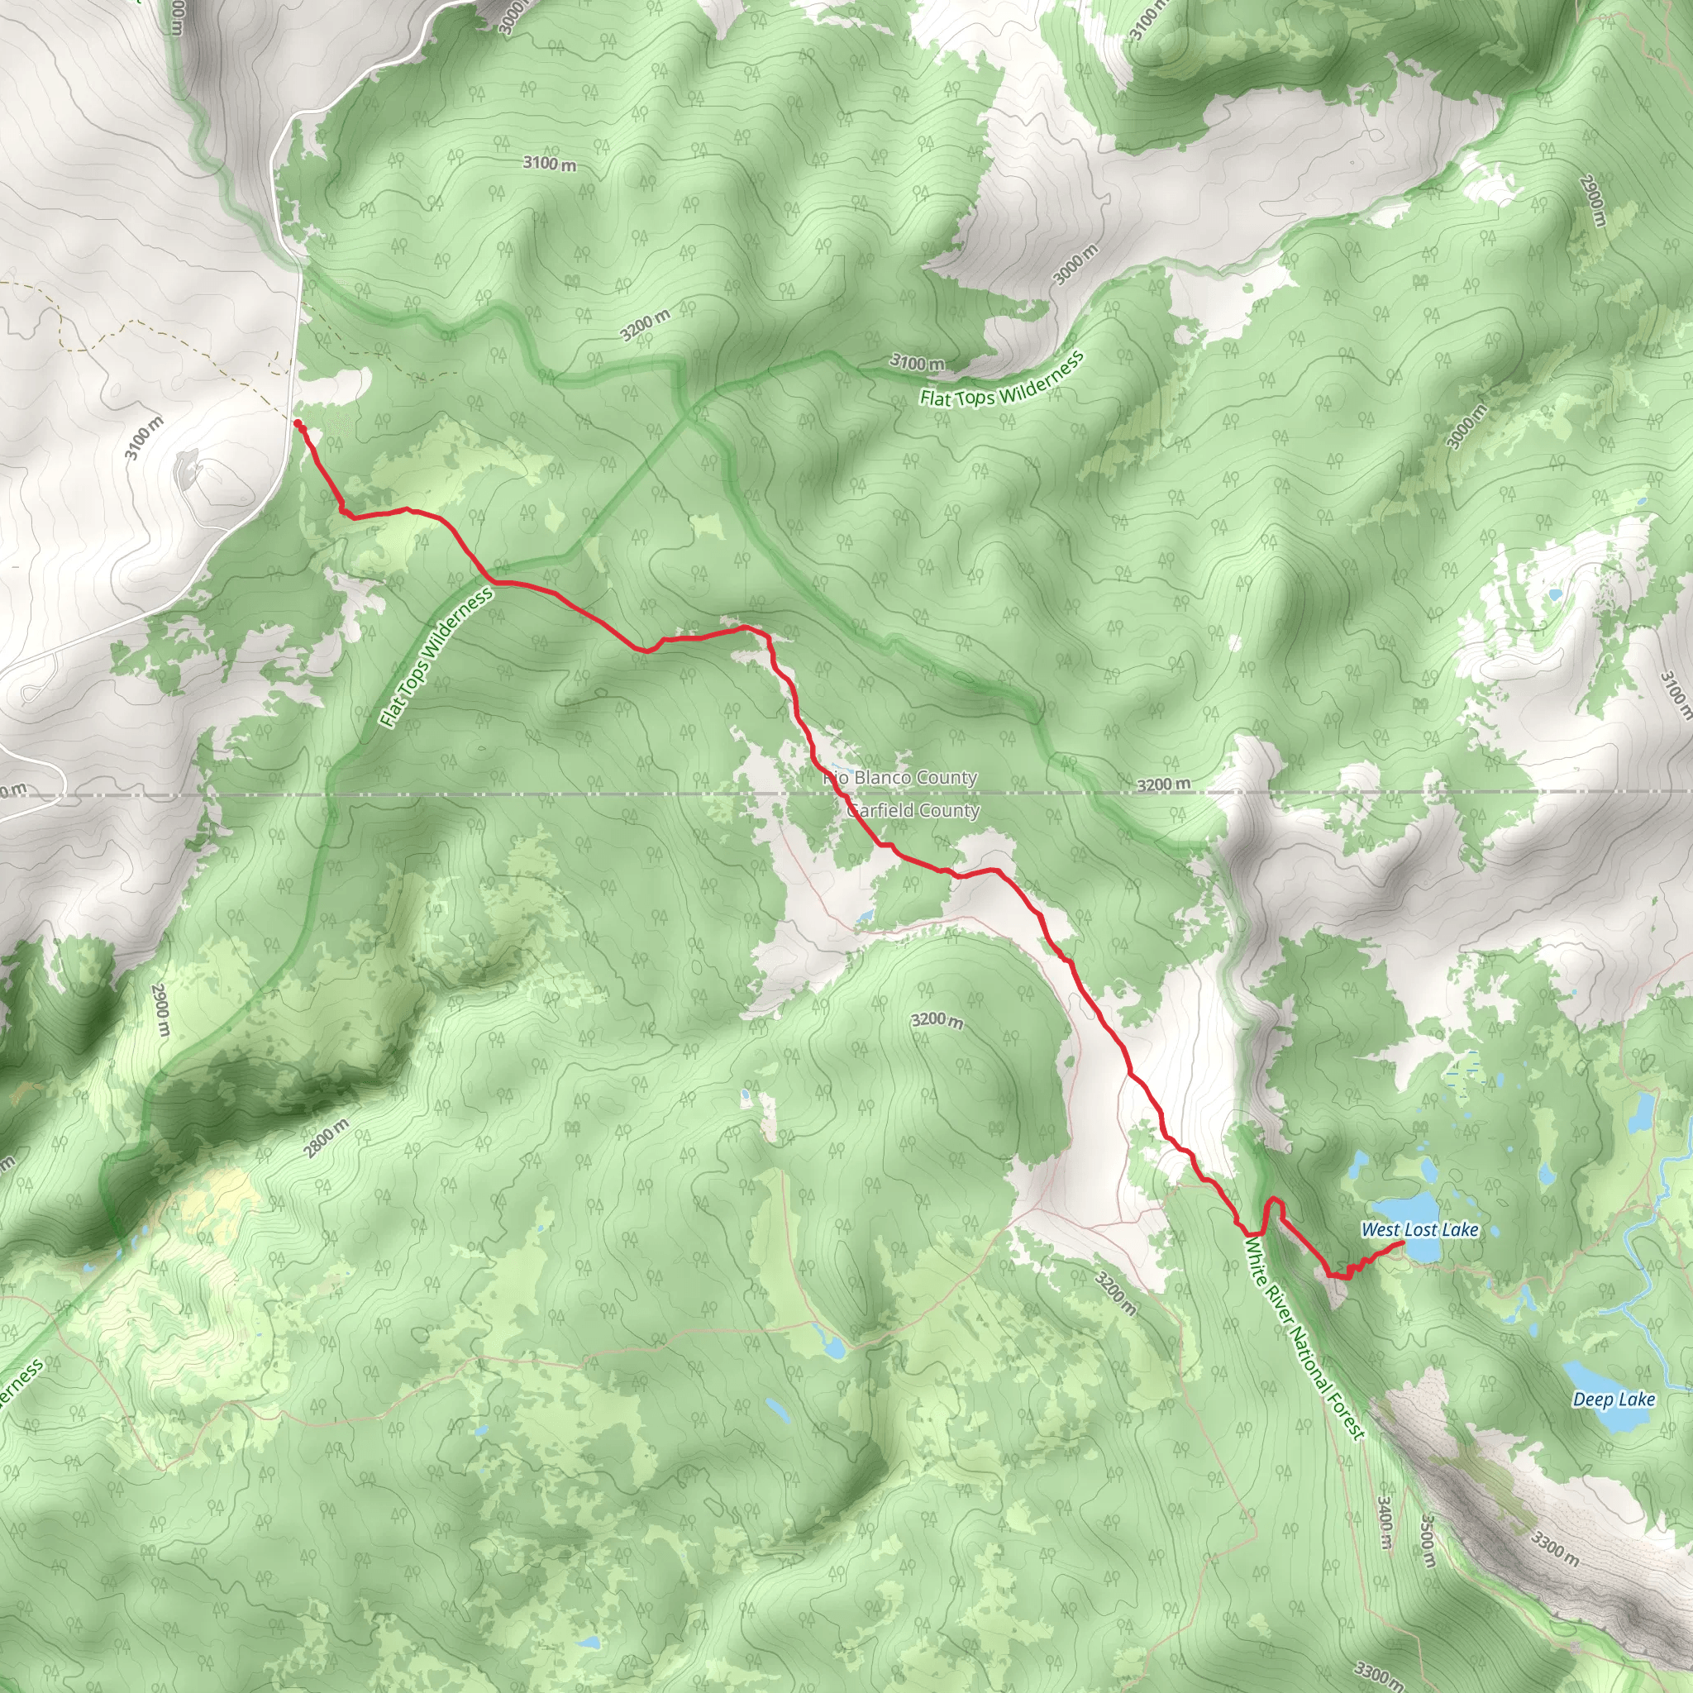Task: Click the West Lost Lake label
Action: click(x=1419, y=1230)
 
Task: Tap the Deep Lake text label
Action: click(x=1614, y=1400)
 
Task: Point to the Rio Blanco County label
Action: click(x=901, y=778)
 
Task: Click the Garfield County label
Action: click(x=913, y=811)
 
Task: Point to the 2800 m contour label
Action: click(x=327, y=1138)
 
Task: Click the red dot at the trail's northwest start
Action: click(x=298, y=424)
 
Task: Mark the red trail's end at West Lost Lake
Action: click(x=1403, y=1242)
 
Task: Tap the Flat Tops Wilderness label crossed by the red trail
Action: click(x=436, y=658)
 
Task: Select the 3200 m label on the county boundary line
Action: click(x=1164, y=784)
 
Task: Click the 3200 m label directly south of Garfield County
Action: click(x=937, y=1020)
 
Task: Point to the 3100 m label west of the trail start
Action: click(x=144, y=437)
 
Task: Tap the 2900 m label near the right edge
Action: click(x=1592, y=201)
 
